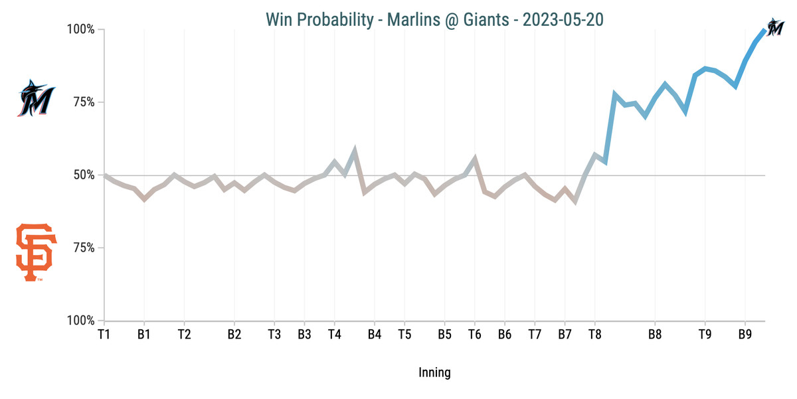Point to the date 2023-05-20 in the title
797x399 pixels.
563,20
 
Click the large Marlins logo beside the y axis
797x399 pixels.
36,98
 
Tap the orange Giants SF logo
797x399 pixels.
36,252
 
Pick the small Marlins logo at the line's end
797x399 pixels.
774,27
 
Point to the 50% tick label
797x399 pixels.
83,175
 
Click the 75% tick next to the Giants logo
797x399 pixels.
83,248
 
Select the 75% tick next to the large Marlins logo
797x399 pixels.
83,102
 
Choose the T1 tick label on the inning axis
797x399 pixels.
104,334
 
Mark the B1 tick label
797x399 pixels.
144,334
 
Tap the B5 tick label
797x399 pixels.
444,334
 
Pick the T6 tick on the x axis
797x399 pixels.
474,334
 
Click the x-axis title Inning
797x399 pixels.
434,372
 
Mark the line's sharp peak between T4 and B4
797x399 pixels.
355,150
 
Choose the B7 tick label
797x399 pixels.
565,334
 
